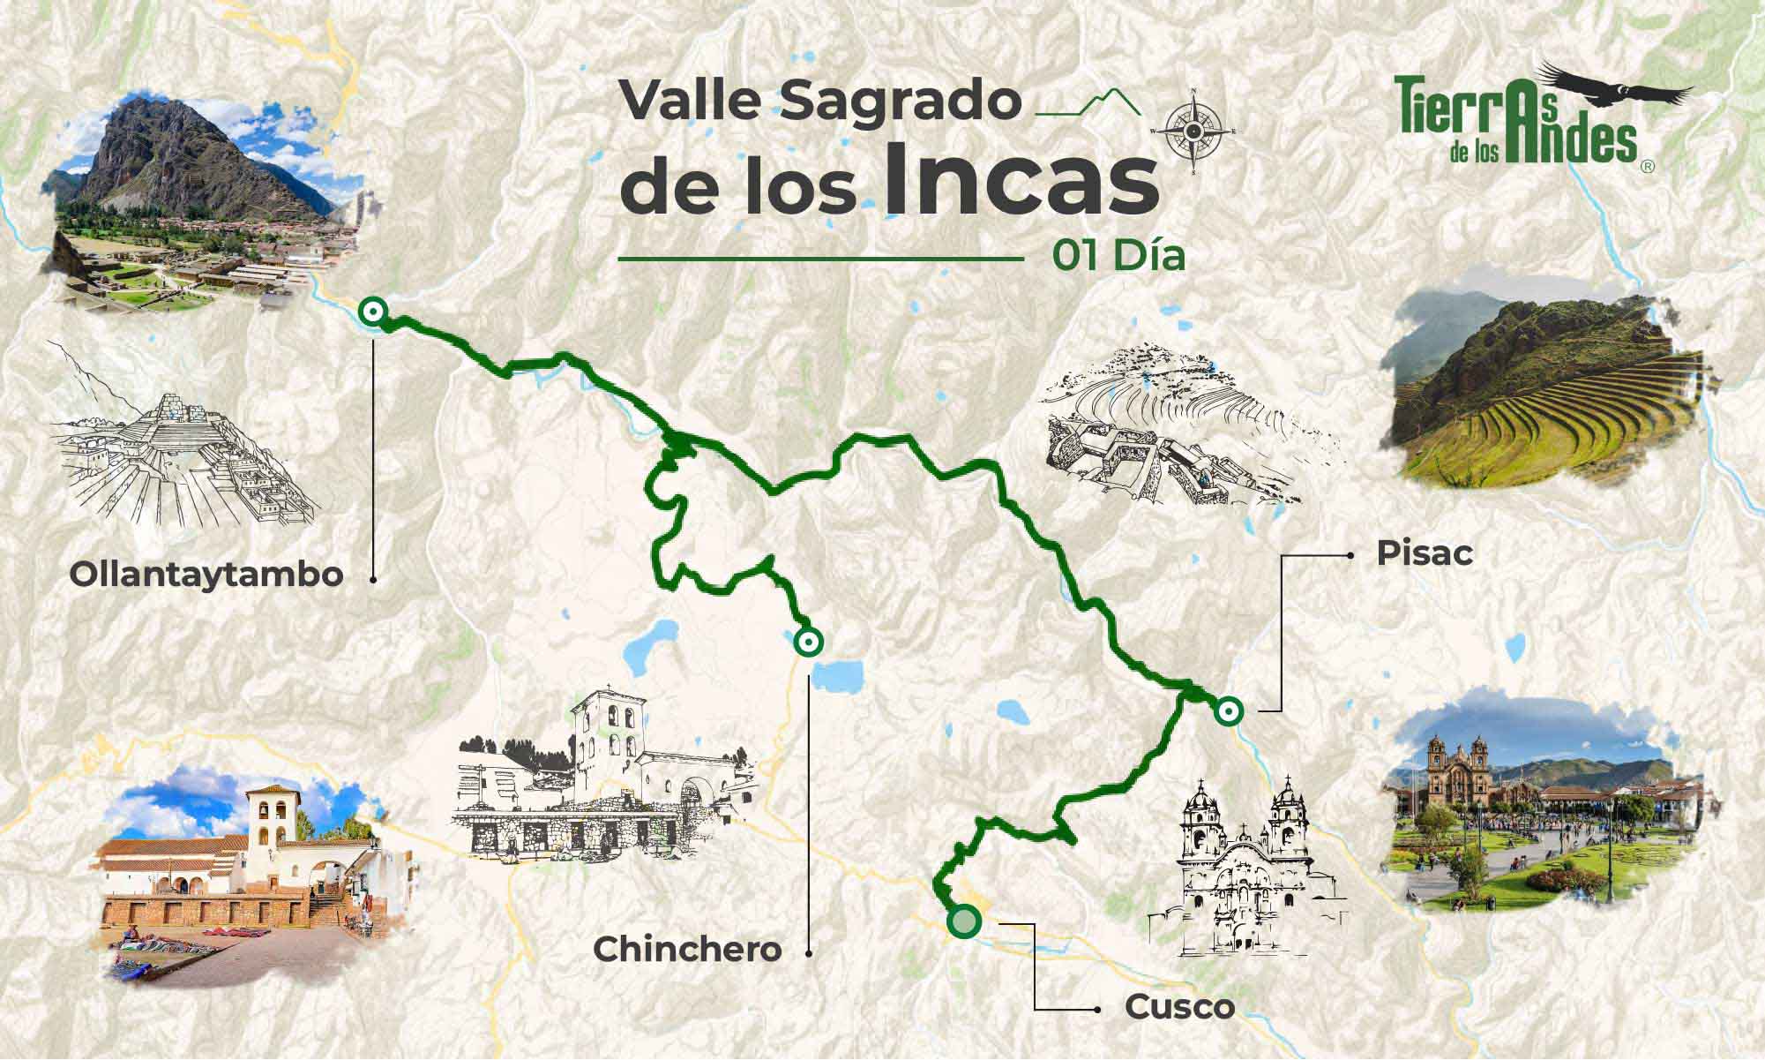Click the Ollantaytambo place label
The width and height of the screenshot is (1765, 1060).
[206, 575]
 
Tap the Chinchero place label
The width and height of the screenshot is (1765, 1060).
[687, 950]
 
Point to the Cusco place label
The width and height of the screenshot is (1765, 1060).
[1179, 1008]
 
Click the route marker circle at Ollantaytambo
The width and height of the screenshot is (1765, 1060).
[373, 311]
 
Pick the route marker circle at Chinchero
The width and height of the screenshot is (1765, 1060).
[806, 642]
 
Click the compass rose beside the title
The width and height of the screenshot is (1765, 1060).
[1193, 132]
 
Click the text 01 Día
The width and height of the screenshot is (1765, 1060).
[1118, 256]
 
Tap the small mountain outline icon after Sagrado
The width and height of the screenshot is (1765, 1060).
[1088, 103]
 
